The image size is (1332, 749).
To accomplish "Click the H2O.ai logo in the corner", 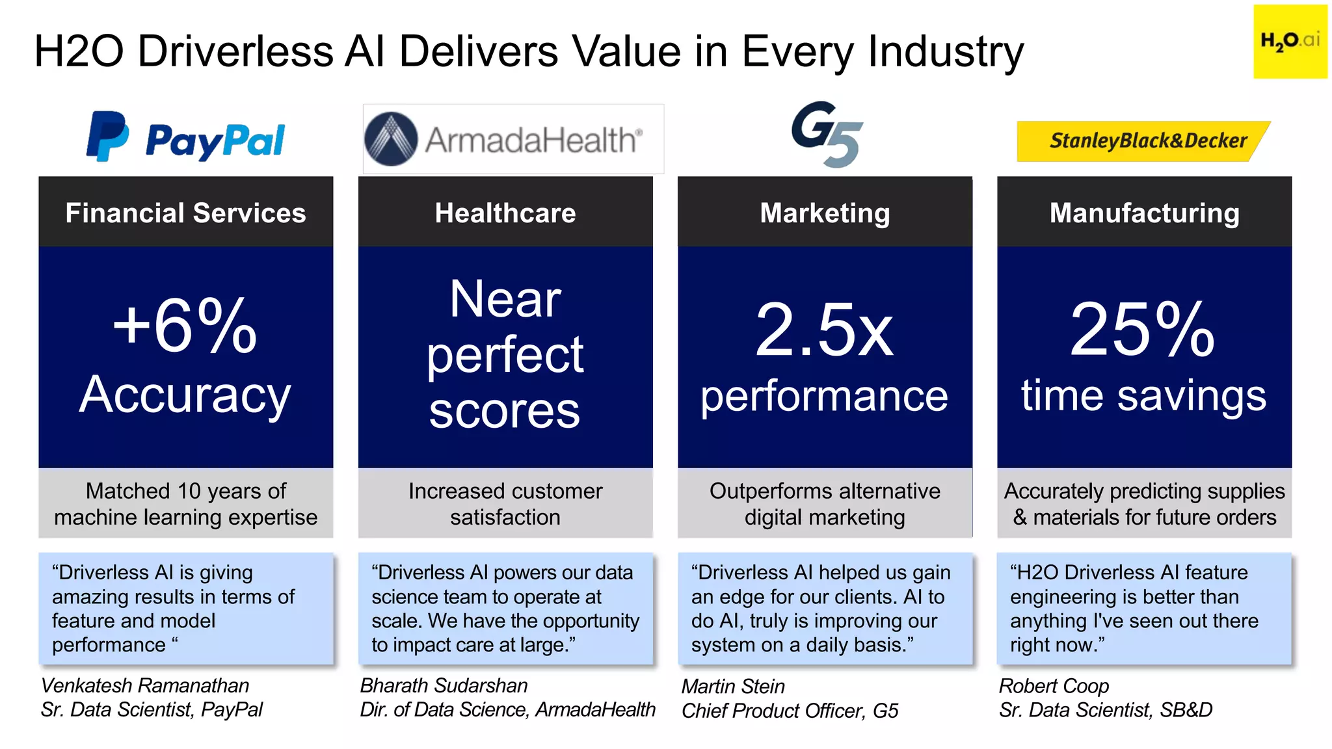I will (x=1290, y=42).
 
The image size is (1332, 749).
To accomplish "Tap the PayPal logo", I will (x=186, y=138).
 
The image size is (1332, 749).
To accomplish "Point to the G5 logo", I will (x=827, y=134).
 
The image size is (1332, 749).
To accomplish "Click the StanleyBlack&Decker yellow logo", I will (x=1143, y=140).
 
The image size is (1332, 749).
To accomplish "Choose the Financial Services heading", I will (x=185, y=213).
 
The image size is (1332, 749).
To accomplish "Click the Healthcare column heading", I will (x=505, y=213).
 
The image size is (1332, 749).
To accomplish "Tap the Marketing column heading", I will (x=825, y=213).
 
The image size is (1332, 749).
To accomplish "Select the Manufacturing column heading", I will (x=1144, y=213).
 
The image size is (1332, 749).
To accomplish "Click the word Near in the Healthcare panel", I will (x=505, y=299).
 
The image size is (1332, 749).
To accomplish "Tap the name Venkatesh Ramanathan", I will (x=145, y=685).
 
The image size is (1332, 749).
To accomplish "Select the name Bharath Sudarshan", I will (x=444, y=685).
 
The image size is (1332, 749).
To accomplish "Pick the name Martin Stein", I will (x=733, y=686).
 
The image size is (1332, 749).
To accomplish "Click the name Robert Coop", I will (x=1054, y=686).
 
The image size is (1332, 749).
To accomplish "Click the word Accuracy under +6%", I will (x=185, y=395).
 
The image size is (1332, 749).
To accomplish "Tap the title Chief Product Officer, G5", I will (x=790, y=711).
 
